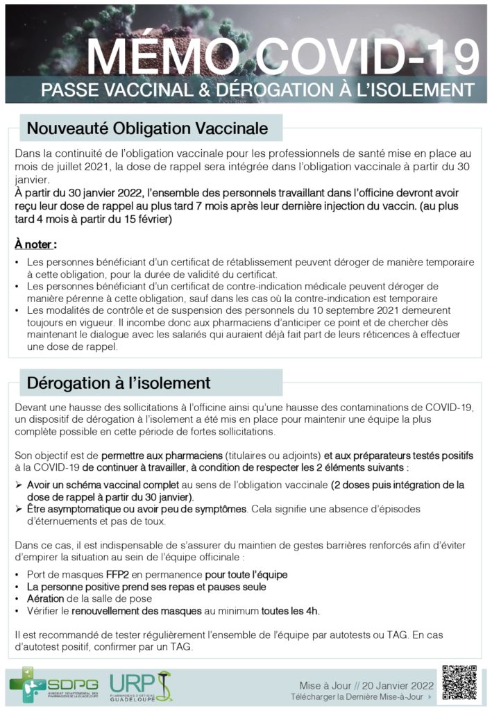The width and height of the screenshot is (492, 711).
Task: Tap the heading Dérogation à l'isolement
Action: [x=118, y=383]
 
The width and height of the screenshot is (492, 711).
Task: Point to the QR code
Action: [x=459, y=683]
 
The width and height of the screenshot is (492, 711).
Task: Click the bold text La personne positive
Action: [x=73, y=587]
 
